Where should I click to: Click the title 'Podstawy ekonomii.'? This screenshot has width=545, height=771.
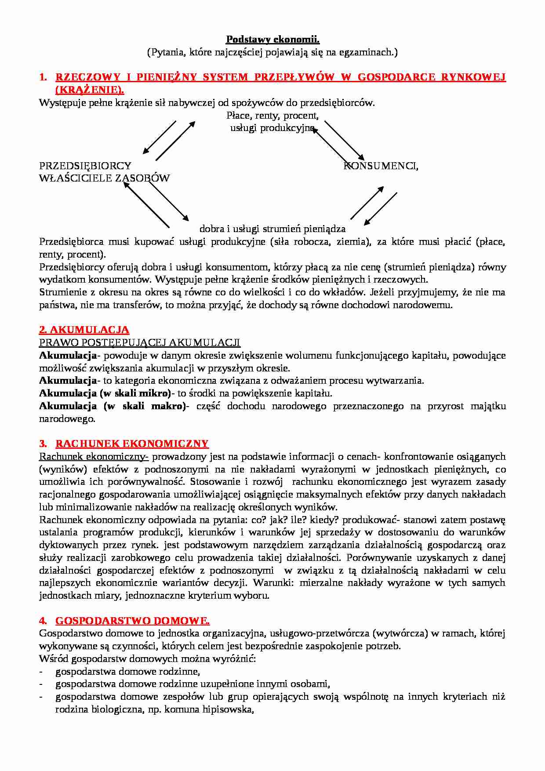272,40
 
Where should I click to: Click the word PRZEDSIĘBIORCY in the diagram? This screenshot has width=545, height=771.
85,166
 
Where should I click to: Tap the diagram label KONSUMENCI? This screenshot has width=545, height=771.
381,166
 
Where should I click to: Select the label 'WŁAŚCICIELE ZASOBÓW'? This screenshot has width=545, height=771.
104,178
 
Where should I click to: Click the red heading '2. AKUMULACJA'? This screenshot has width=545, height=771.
84,330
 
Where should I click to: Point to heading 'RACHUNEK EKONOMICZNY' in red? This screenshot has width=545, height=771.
131,444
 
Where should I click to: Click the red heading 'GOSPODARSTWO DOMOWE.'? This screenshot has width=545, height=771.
132,621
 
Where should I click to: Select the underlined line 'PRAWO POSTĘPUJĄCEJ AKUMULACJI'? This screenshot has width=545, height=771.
139,342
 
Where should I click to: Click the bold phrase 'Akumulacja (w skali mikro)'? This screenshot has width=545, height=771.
105,393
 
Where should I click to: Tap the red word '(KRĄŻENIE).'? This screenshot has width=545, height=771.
90,90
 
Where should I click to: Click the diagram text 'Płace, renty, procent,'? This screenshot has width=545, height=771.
272,116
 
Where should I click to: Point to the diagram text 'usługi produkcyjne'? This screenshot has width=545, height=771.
272,128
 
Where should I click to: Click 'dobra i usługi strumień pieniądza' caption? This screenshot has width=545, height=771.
272,229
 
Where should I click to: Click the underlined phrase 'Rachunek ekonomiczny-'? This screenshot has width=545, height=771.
94,456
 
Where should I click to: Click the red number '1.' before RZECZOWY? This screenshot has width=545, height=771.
43,77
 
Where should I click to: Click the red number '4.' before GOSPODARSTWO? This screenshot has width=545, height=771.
43,621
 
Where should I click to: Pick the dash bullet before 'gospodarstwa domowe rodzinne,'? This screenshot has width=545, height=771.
41,672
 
